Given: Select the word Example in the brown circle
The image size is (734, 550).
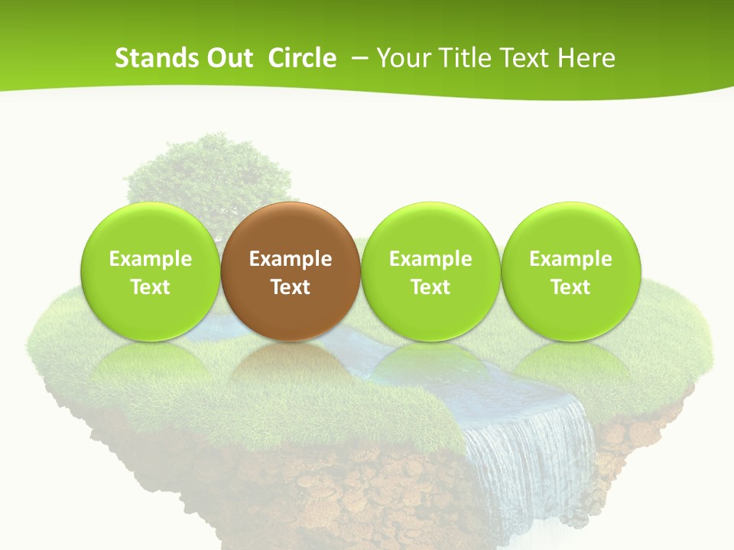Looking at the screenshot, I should pyautogui.click(x=291, y=259).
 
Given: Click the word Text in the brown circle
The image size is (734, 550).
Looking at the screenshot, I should pyautogui.click(x=291, y=287).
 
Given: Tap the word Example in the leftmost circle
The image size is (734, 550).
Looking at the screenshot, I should pyautogui.click(x=150, y=259).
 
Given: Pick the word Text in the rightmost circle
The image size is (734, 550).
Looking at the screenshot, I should pyautogui.click(x=570, y=287).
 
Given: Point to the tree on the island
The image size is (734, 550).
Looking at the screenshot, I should pyautogui.click(x=206, y=172).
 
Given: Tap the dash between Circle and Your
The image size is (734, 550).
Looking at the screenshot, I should pyautogui.click(x=357, y=58).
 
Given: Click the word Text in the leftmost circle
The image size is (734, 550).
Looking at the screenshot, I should pyautogui.click(x=150, y=287).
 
